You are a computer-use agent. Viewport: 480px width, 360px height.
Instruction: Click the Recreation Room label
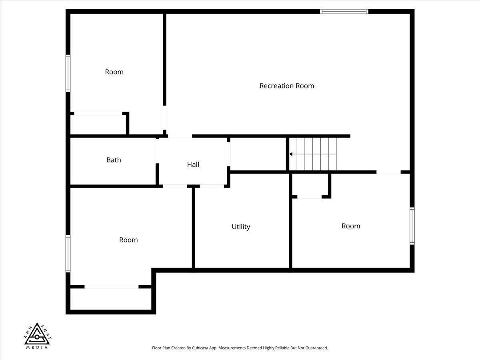(x=287, y=86)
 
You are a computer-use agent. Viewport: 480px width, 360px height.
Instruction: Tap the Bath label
(x=114, y=160)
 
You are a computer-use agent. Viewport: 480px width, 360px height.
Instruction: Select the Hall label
(x=193, y=164)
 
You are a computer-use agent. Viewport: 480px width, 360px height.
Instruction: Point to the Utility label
(x=241, y=227)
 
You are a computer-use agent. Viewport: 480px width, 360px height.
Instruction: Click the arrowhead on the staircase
(x=291, y=154)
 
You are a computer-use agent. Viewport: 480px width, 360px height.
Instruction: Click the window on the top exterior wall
(x=344, y=12)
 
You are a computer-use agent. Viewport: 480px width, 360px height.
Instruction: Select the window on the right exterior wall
(x=412, y=226)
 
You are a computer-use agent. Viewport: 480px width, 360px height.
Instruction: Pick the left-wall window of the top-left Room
(x=68, y=74)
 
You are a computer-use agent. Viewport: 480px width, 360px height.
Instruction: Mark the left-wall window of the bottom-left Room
(x=68, y=254)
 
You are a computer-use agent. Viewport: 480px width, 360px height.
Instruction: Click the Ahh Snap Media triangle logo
(x=37, y=335)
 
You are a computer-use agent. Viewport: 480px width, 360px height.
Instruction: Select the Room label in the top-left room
(x=114, y=72)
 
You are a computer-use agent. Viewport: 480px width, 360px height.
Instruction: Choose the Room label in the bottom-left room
(x=128, y=240)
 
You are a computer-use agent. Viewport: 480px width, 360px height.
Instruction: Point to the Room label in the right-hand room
(x=351, y=226)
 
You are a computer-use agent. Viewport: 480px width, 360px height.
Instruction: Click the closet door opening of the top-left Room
(x=98, y=114)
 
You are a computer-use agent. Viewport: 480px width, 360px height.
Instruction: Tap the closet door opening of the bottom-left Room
(x=111, y=287)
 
